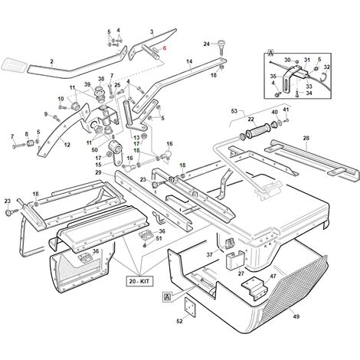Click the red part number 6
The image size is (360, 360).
pos(165,47)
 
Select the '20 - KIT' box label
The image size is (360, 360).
pos(139,281)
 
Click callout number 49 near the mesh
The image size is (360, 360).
pos(296,316)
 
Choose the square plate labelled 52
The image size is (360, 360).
pos(190,308)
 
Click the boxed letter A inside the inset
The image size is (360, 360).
pos(270,54)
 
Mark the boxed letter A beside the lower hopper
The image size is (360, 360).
pos(167,297)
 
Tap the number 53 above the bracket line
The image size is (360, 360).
pos(234,111)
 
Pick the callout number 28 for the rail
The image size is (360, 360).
pos(306,138)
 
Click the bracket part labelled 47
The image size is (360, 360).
pos(255,289)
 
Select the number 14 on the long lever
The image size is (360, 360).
pos(189,61)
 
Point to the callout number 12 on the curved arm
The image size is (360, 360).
pos(67,145)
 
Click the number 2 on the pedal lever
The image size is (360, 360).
pos(52,61)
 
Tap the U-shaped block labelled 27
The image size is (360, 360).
pos(235,260)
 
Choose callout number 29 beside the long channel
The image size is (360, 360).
pos(98,172)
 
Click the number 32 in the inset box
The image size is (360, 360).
pos(326,67)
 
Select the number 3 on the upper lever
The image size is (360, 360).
pos(152,32)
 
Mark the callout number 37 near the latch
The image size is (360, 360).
pos(210,254)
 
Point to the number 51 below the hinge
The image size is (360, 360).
pos(159,238)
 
